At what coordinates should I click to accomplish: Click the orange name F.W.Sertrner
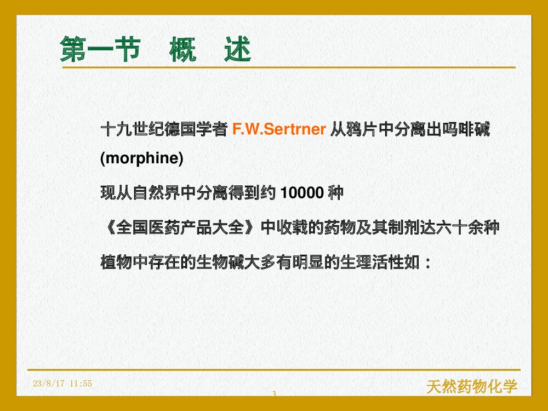279,130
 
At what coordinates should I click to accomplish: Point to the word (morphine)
141,159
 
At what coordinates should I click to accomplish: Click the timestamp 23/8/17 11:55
62,384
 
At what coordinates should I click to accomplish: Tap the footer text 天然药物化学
471,387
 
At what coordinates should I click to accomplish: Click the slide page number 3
273,394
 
